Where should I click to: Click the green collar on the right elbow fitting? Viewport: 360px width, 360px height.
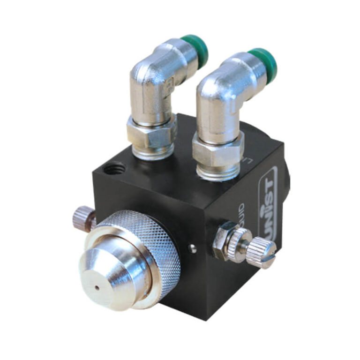point(264,62)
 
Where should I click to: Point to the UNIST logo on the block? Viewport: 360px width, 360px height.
point(268,197)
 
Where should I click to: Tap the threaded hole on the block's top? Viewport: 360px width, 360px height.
point(115,167)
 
